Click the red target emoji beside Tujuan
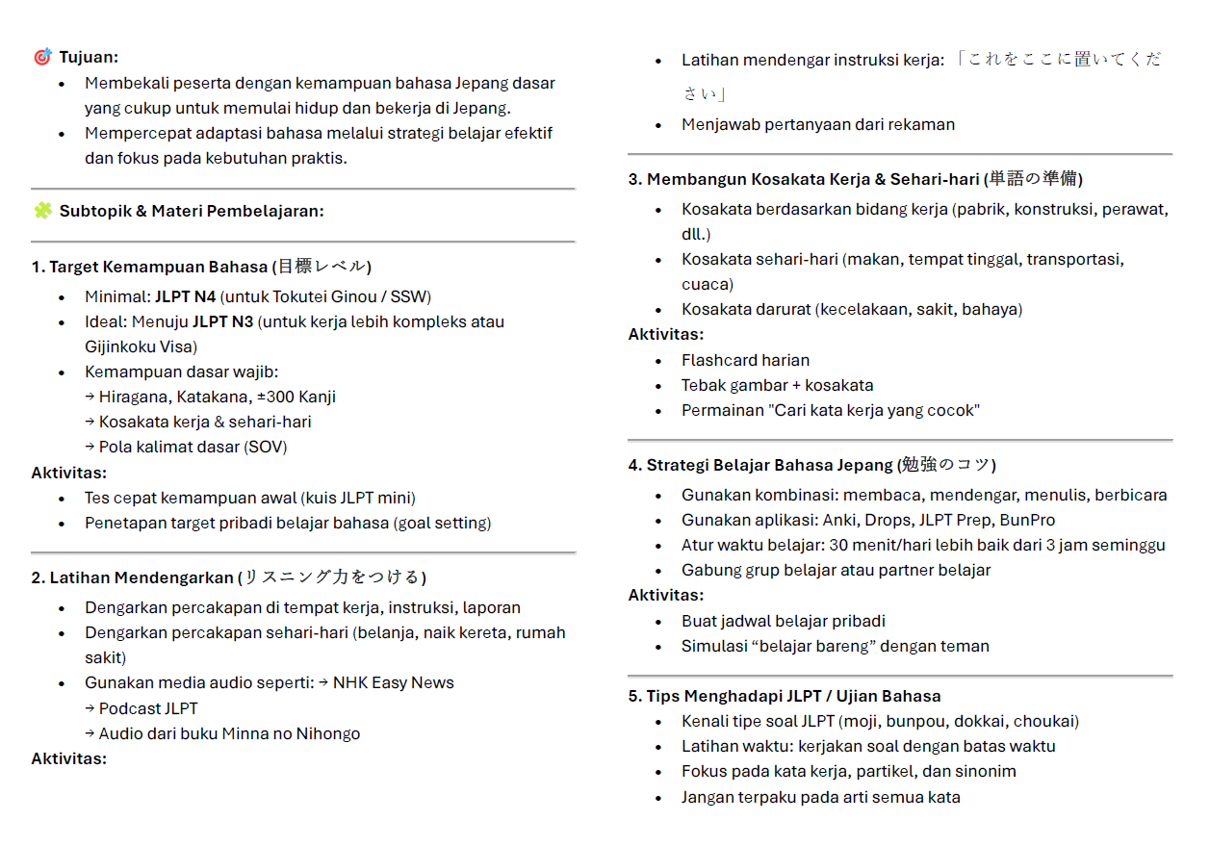(42, 58)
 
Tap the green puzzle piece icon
(42, 211)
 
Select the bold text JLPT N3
(222, 321)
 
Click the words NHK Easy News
(393, 682)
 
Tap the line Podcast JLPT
(148, 708)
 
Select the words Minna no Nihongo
(291, 733)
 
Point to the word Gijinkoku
(120, 346)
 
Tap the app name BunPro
(1027, 520)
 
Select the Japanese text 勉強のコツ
(945, 465)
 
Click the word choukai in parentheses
(1043, 721)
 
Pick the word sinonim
(983, 771)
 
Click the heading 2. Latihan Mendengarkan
(133, 577)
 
